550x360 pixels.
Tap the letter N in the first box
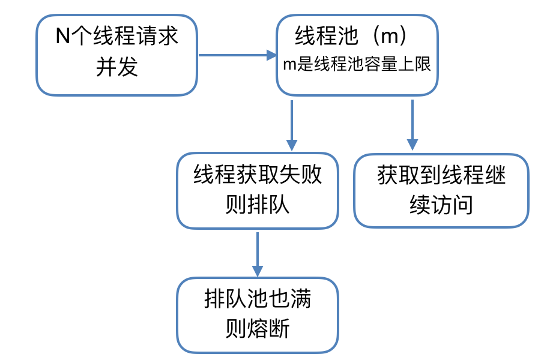(x=63, y=37)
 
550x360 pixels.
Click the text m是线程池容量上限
(x=357, y=65)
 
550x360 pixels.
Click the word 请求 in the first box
(x=158, y=37)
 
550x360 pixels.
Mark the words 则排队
(x=258, y=205)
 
